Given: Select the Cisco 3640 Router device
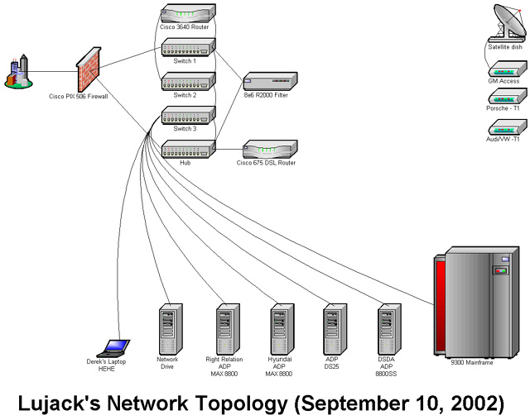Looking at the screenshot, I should [188, 14].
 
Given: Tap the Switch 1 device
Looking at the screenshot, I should [188, 48].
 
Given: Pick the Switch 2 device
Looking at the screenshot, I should [188, 82].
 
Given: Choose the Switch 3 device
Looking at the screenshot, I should [188, 116].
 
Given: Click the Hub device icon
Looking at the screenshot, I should [188, 150].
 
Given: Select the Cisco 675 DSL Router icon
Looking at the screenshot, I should [269, 150].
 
